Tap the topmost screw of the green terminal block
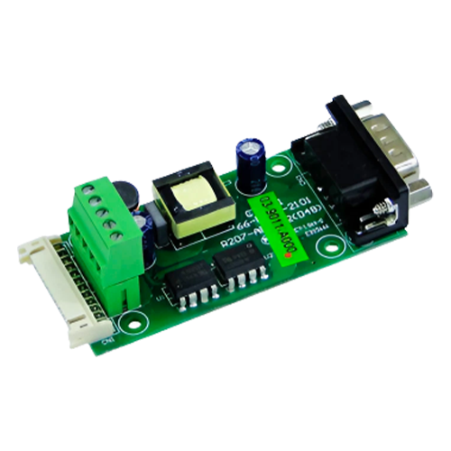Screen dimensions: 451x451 pyautogui.click(x=91, y=190)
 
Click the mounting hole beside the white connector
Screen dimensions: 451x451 pyautogui.click(x=135, y=318)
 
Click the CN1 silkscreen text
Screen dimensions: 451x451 pyautogui.click(x=108, y=340)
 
